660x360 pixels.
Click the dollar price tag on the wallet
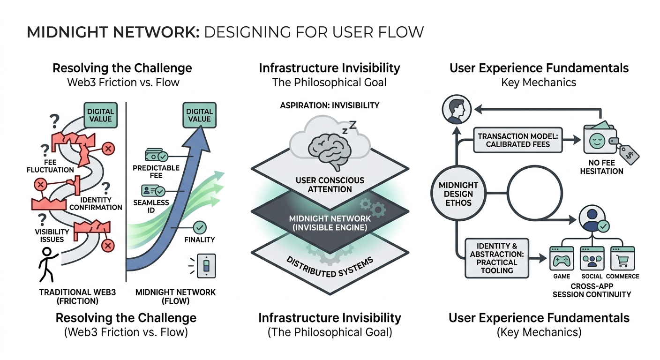[x=628, y=152]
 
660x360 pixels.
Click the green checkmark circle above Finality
[x=200, y=227]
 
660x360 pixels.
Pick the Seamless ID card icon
[x=152, y=191]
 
